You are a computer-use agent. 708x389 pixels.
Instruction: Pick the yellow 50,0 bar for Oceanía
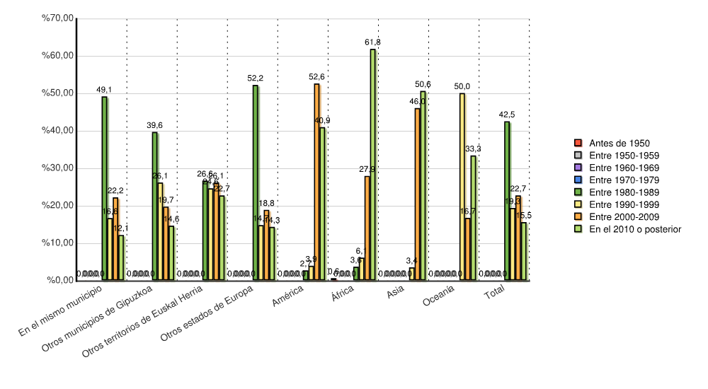click(462, 187)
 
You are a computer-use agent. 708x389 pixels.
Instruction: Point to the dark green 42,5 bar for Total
click(507, 201)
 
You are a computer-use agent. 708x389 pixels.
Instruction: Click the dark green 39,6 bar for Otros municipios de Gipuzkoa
click(155, 206)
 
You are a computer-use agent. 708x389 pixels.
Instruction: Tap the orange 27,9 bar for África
click(367, 228)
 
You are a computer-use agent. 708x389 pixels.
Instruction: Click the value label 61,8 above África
click(372, 42)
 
